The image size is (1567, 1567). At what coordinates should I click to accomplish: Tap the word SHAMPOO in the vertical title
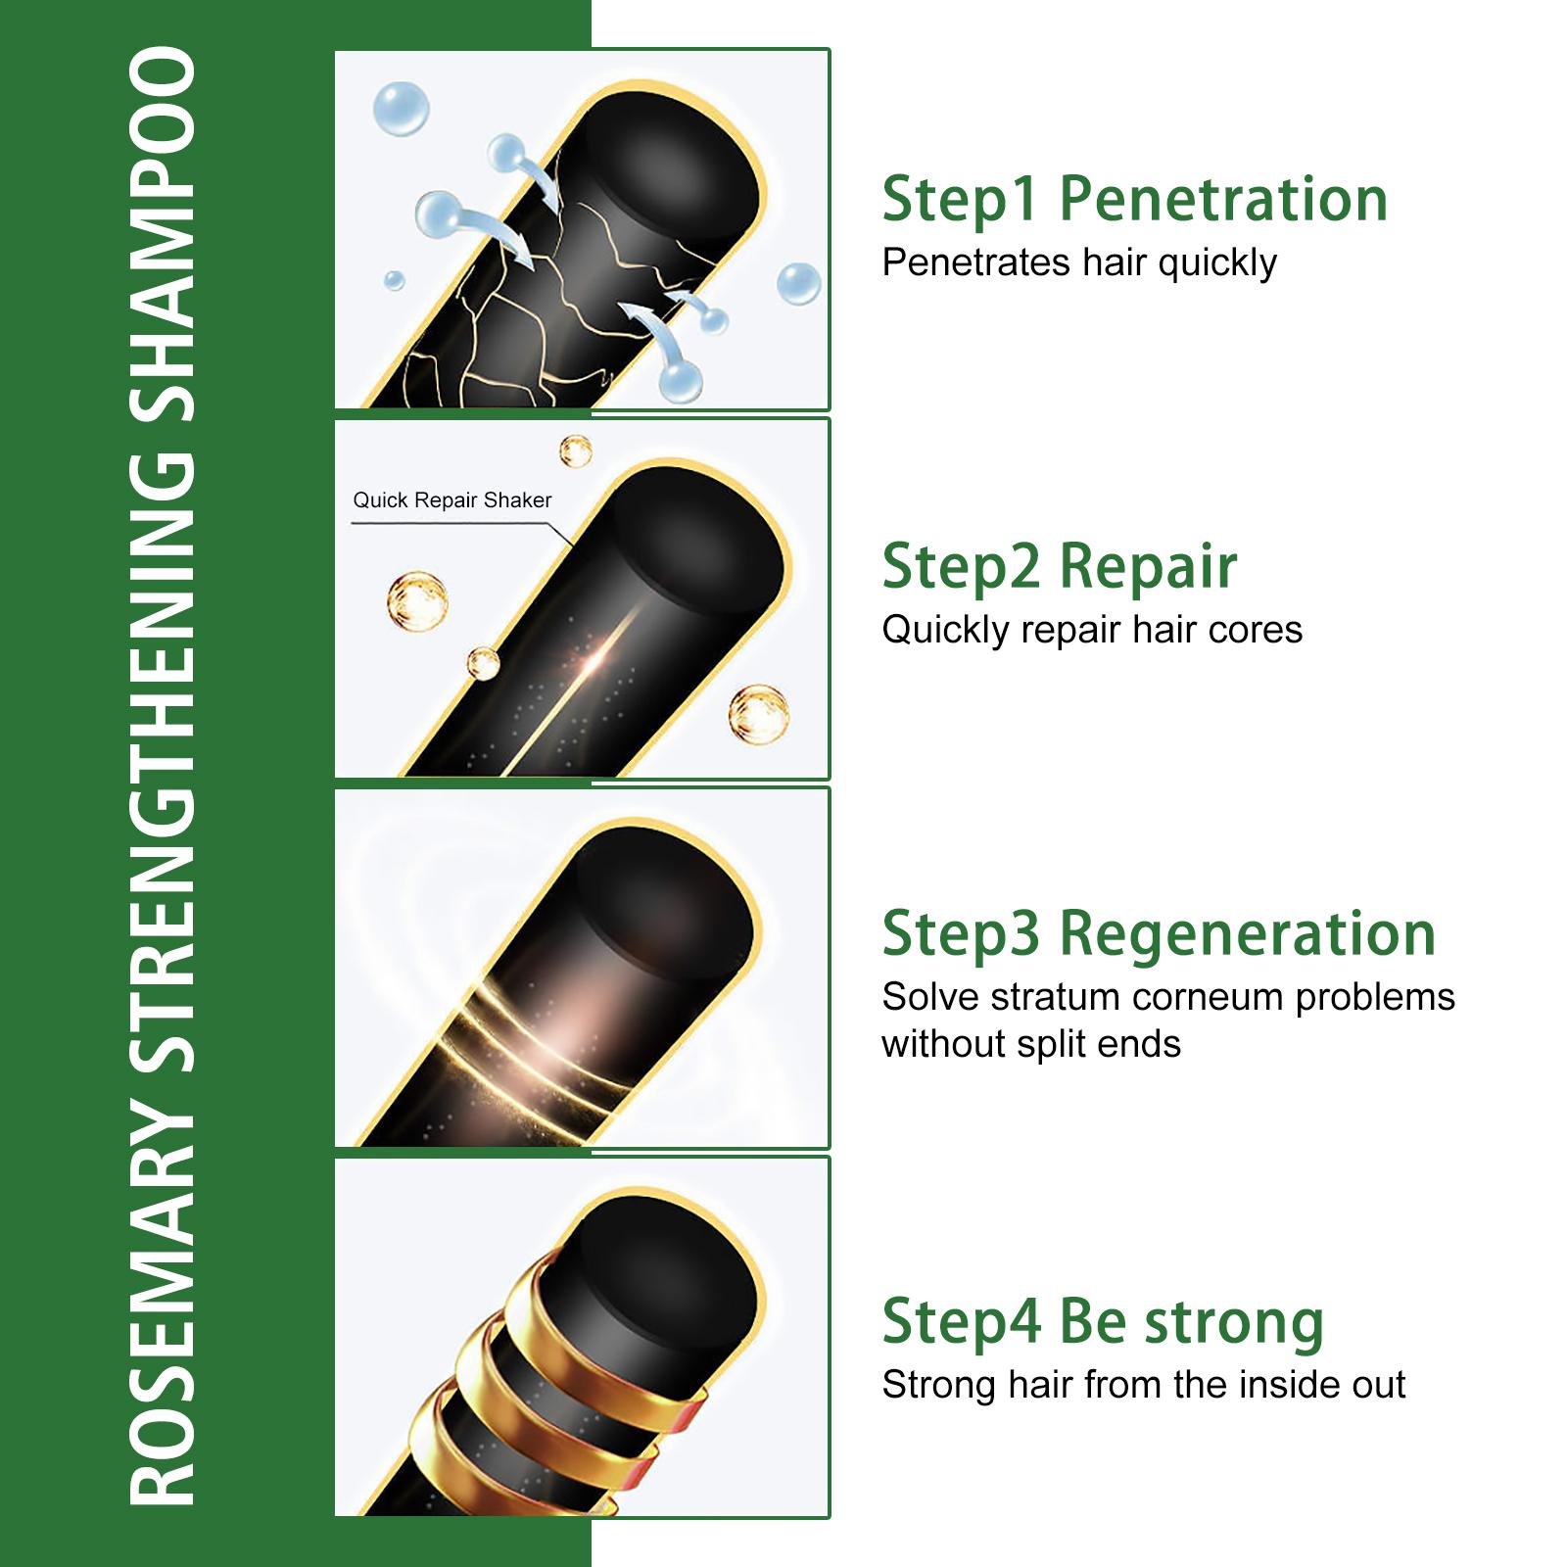(163, 234)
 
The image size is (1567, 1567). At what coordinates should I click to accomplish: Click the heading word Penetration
(1223, 199)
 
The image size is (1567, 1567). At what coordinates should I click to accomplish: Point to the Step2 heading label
(961, 567)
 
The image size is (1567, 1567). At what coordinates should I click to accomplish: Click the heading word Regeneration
(1248, 934)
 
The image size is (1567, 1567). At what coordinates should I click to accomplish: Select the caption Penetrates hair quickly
(1079, 262)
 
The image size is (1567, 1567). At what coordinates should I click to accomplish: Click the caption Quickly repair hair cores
(1092, 630)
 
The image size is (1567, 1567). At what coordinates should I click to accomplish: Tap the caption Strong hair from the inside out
(1144, 1385)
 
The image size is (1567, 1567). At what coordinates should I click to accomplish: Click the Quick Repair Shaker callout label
(451, 500)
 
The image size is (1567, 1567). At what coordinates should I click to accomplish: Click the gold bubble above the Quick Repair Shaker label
(576, 451)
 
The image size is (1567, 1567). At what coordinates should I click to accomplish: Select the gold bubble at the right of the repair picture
(759, 714)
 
